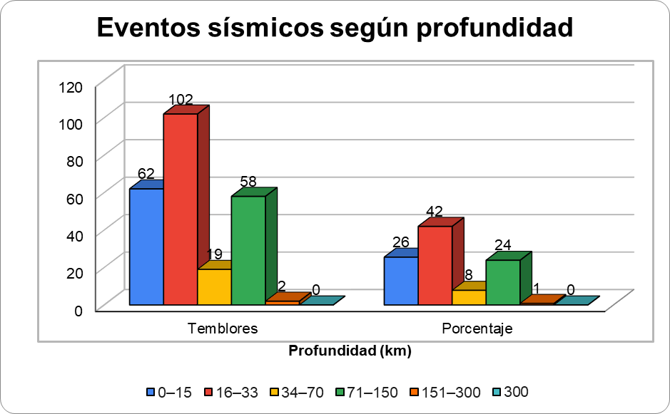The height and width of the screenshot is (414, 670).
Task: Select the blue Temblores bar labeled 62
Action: tap(146, 247)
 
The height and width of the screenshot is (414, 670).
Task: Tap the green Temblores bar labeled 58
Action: tap(248, 250)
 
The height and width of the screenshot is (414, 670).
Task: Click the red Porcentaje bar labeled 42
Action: tap(435, 265)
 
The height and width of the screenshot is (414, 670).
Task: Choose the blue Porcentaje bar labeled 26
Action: tap(401, 281)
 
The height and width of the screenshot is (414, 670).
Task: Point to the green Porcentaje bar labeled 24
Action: tap(503, 282)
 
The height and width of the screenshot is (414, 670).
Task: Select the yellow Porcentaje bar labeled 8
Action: tap(469, 297)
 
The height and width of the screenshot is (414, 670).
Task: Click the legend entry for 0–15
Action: tap(169, 392)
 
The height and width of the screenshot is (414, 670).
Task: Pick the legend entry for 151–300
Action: tap(441, 392)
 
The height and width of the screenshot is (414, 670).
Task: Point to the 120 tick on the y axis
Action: tap(71, 87)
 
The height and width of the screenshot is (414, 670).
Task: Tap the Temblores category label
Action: tap(223, 328)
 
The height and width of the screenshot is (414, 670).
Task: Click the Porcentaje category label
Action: tap(477, 328)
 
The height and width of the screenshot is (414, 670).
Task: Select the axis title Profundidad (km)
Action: tap(350, 351)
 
